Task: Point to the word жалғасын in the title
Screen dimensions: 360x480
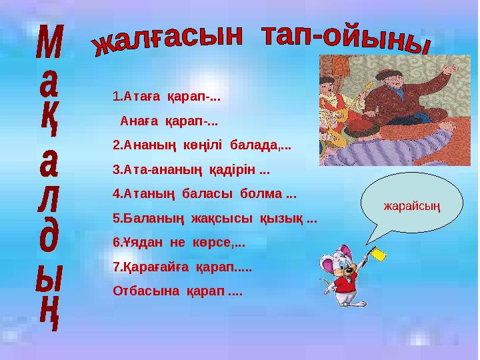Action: click(167, 39)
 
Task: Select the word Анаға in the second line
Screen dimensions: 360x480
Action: click(138, 121)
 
